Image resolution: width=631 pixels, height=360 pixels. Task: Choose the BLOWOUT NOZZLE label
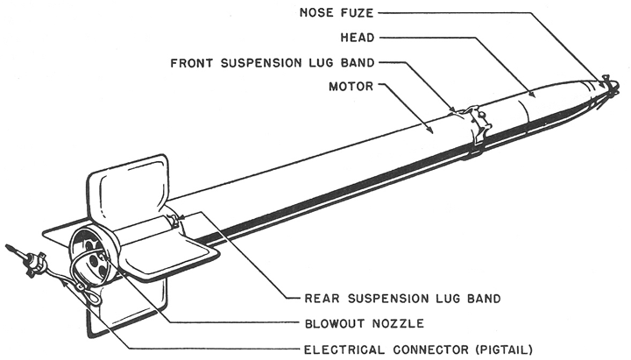click(358, 323)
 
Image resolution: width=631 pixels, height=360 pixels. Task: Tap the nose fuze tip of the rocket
click(606, 86)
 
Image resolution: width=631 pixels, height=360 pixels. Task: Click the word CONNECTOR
click(424, 349)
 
